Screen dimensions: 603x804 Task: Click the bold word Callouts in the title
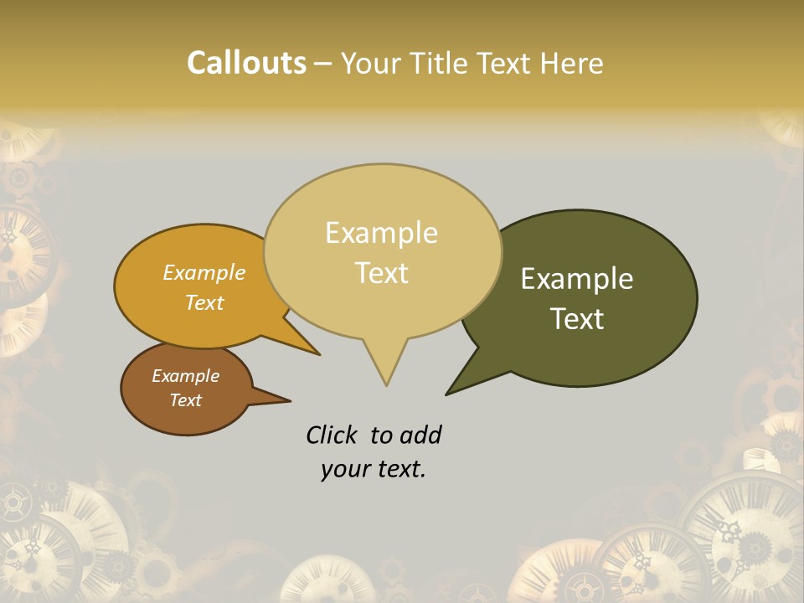[x=246, y=63]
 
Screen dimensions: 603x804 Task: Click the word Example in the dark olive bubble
[x=577, y=278]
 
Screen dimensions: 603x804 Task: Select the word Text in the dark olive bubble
[x=577, y=318]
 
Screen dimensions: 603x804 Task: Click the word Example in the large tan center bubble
[x=381, y=233]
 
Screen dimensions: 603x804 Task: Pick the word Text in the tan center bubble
[x=381, y=273]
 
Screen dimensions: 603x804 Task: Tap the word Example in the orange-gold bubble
[x=204, y=273]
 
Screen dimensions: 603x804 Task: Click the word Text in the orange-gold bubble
[x=204, y=302]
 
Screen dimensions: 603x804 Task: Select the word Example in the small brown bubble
[x=185, y=376]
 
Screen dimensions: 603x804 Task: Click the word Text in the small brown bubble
[x=185, y=400]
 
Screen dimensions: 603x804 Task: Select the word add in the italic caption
[x=420, y=435]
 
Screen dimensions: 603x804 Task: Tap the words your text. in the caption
[x=373, y=469]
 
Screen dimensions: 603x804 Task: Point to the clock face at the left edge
[x=21, y=251]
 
